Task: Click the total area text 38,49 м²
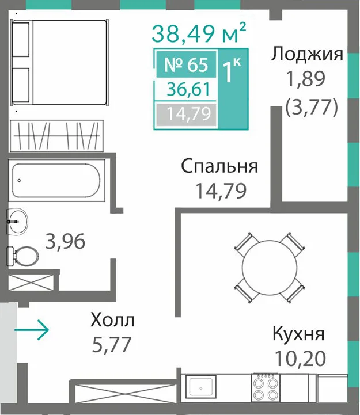pyautogui.click(x=199, y=33)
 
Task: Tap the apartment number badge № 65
pyautogui.click(x=186, y=64)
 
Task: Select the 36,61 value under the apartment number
pyautogui.click(x=188, y=89)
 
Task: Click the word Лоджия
pyautogui.click(x=307, y=54)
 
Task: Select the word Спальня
pyautogui.click(x=219, y=166)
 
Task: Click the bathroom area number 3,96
pyautogui.click(x=65, y=241)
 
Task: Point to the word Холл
pyautogui.click(x=112, y=320)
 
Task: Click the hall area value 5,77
pyautogui.click(x=112, y=344)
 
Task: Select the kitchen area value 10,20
pyautogui.click(x=301, y=358)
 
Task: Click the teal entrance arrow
pyautogui.click(x=32, y=330)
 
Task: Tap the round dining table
pyautogui.click(x=270, y=268)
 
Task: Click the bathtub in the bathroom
pyautogui.click(x=56, y=181)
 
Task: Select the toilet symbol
pyautogui.click(x=22, y=256)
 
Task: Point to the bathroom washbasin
pyautogui.click(x=17, y=221)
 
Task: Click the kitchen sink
pyautogui.click(x=200, y=386)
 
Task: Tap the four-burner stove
pyautogui.click(x=266, y=387)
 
